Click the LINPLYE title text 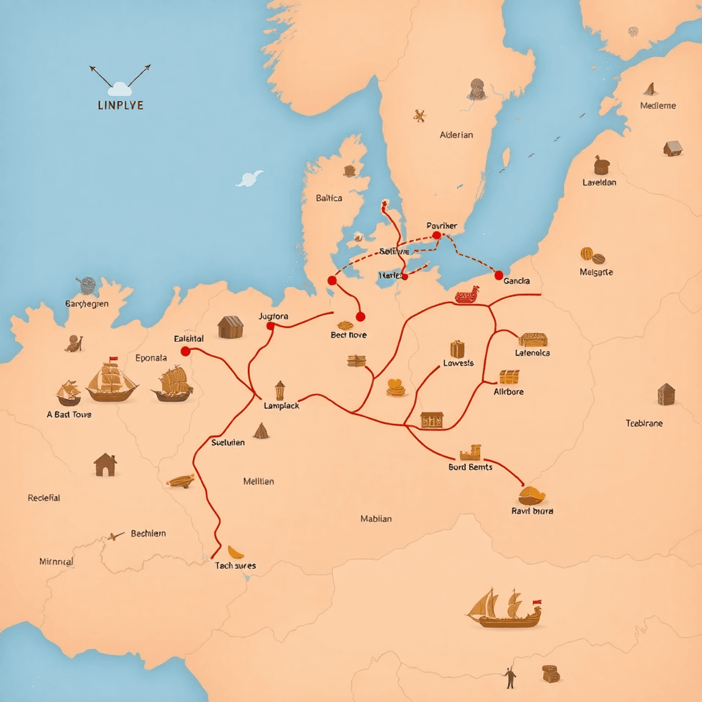(120, 105)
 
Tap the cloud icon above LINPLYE (120, 89)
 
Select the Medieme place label (658, 105)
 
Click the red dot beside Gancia (498, 275)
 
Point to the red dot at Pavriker (436, 235)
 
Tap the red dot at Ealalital (185, 351)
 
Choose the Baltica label (329, 198)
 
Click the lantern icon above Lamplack (280, 390)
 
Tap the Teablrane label (644, 423)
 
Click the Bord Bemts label (470, 467)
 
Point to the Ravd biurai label (532, 511)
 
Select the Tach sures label (235, 565)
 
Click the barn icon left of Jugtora (230, 327)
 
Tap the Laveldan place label (599, 182)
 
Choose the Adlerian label (456, 135)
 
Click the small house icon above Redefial (105, 465)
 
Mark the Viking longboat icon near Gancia (467, 296)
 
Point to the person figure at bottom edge (511, 677)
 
